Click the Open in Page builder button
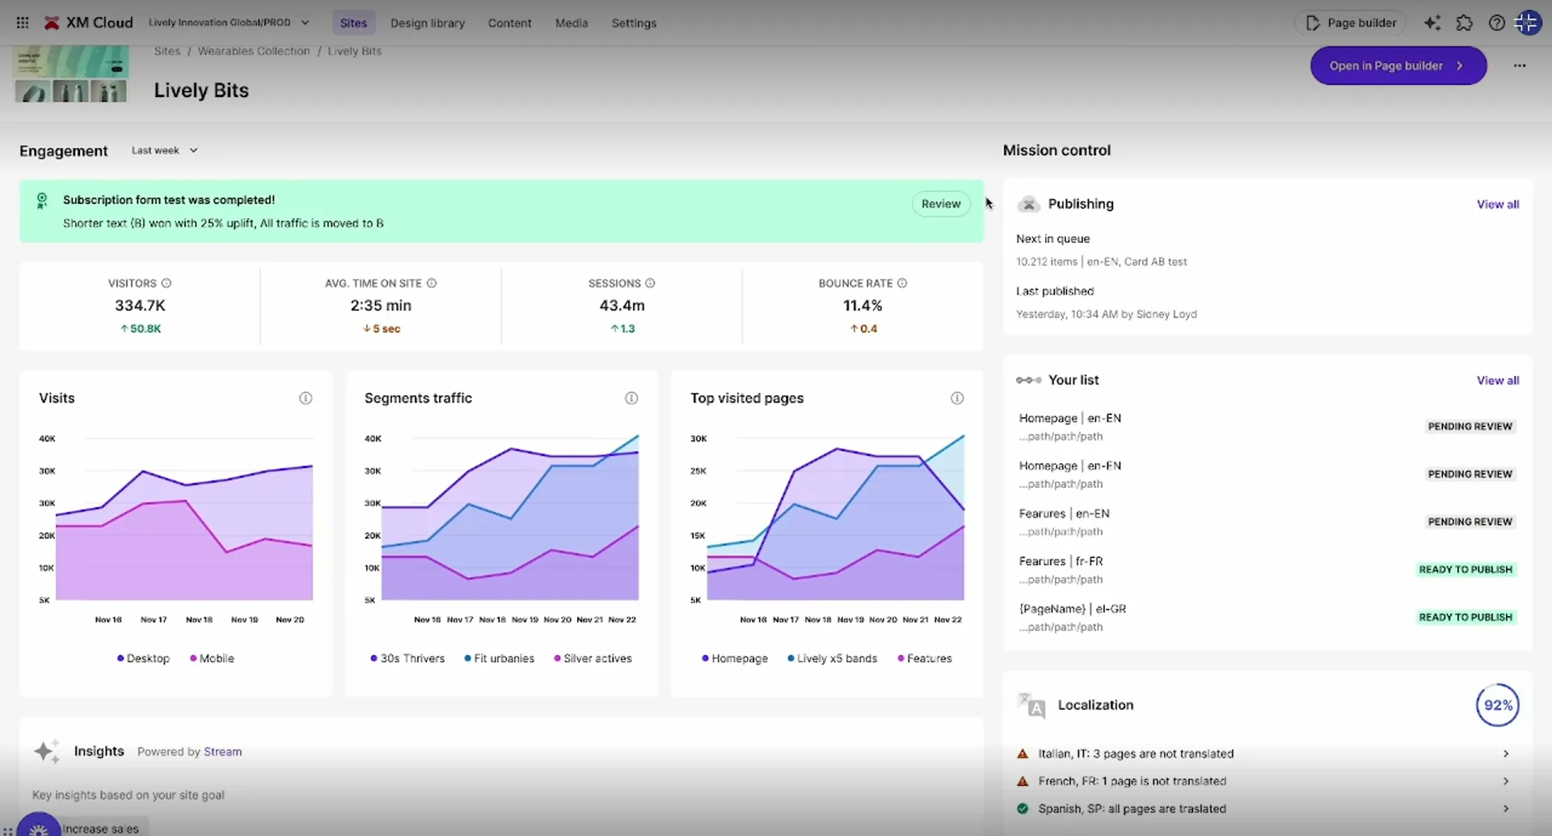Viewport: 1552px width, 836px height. [x=1397, y=65]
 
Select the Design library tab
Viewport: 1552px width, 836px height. [x=427, y=23]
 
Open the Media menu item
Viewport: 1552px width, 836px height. [x=571, y=23]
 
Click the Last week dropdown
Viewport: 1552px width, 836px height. [x=164, y=150]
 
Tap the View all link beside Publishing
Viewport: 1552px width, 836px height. [x=1497, y=205]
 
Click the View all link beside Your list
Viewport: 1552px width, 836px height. [x=1497, y=380]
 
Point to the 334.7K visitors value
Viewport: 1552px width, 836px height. [x=140, y=306]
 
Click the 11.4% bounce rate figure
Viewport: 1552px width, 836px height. [x=862, y=306]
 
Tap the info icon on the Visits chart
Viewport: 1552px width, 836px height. [x=306, y=398]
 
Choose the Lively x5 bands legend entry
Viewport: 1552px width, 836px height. [x=833, y=658]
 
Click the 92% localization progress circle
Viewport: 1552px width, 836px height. [x=1497, y=705]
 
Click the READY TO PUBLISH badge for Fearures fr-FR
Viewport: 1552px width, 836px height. [x=1465, y=569]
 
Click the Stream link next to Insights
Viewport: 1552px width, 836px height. [x=222, y=751]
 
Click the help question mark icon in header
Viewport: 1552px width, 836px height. [x=1496, y=23]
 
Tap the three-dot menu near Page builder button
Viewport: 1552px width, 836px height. [x=1519, y=65]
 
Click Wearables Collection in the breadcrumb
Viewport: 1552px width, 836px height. [x=254, y=51]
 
